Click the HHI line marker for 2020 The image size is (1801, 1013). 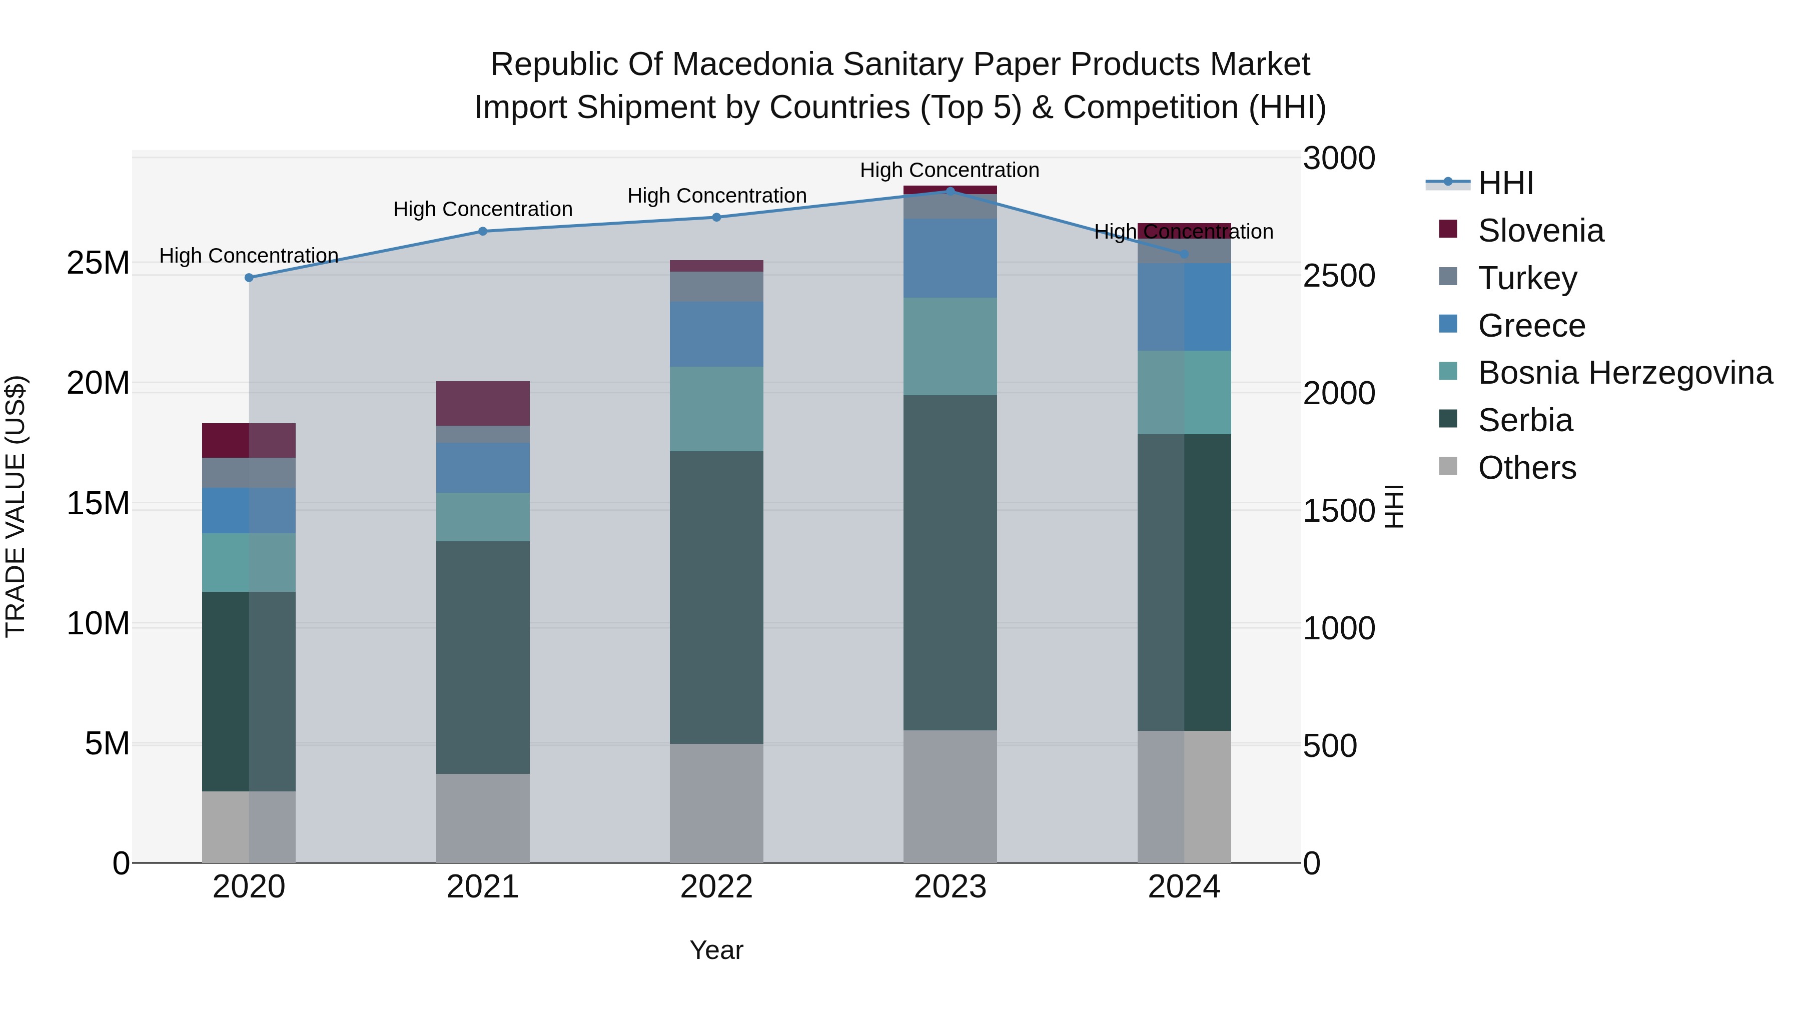249,278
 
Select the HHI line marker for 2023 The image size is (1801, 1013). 950,191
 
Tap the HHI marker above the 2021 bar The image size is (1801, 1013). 482,232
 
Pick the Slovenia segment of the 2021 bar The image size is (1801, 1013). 482,403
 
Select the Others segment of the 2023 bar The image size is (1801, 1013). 950,796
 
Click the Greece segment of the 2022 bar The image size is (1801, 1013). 716,334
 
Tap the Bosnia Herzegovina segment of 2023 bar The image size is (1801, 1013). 950,346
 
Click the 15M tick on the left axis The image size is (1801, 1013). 98,503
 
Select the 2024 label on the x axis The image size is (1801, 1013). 1184,887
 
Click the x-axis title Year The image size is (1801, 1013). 716,950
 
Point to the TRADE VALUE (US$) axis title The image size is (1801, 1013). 16,506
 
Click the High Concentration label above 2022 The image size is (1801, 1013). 716,196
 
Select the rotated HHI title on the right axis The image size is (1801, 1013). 1393,506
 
